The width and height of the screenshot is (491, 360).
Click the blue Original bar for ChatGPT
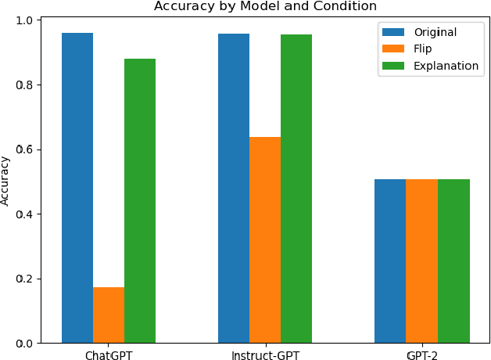tap(77, 188)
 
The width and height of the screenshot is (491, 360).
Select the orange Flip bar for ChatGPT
tap(109, 315)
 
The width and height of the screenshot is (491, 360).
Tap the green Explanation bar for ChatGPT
tap(140, 201)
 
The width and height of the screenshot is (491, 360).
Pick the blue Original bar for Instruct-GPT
tap(234, 189)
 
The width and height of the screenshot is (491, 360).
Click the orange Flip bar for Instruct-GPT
tap(265, 240)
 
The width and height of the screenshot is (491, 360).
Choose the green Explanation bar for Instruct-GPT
tap(296, 189)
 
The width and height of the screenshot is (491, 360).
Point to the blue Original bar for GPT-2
tap(390, 261)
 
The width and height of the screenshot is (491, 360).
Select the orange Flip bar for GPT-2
tap(421, 261)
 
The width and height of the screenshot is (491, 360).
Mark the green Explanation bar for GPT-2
tap(453, 261)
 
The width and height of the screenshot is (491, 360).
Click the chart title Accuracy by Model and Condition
tap(265, 6)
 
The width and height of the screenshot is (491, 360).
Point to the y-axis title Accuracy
tap(6, 182)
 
